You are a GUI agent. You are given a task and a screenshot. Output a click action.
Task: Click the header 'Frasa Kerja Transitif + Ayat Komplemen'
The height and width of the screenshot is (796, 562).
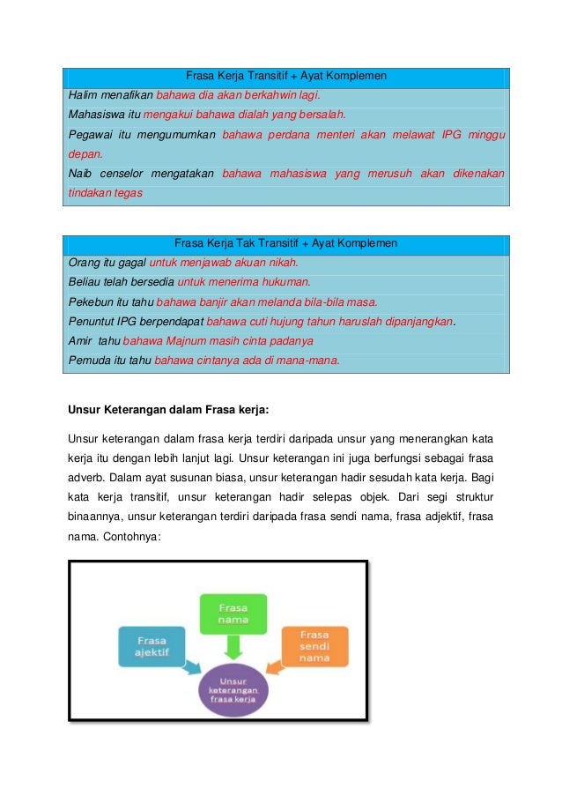(285, 76)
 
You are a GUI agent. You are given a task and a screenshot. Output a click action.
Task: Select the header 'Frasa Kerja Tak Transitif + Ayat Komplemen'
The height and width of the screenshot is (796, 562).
(285, 242)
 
